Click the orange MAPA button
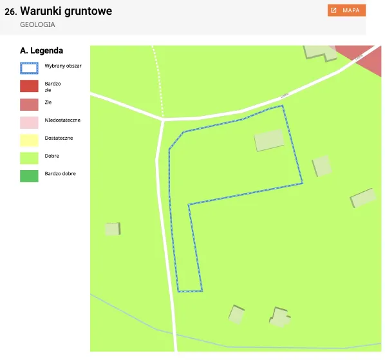[x=346, y=10]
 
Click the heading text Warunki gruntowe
[x=66, y=11]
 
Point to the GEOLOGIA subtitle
[x=37, y=24]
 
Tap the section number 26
[x=10, y=12]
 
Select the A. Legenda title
[x=42, y=50]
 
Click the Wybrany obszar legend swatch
[x=30, y=66]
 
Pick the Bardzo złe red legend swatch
[x=30, y=86]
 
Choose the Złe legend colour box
[x=30, y=104]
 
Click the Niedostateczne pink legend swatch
[x=30, y=121]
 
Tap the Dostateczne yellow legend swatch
[x=30, y=138]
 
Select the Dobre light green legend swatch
[x=30, y=156]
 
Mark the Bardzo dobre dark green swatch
[x=30, y=174]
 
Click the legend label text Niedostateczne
[x=62, y=120]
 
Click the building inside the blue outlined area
[x=269, y=140]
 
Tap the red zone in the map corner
[x=364, y=59]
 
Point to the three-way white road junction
[x=163, y=119]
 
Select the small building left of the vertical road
[x=113, y=229]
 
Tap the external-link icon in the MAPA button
[x=333, y=10]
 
